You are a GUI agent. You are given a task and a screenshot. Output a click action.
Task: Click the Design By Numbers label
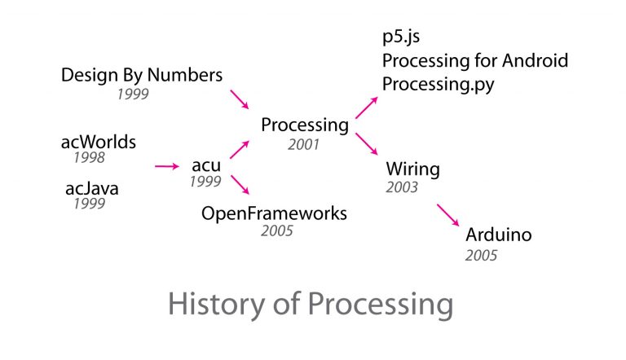tap(141, 76)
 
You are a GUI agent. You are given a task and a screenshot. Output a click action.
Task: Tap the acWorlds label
tap(99, 143)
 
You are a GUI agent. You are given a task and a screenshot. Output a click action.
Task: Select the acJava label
tap(92, 189)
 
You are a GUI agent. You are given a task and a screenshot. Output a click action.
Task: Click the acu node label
tap(207, 165)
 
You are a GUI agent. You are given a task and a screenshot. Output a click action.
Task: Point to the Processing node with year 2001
tap(305, 125)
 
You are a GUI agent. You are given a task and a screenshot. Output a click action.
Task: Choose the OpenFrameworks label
tap(274, 213)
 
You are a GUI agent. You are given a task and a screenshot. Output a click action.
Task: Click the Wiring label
tap(412, 169)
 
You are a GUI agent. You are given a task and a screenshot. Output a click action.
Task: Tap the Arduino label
tap(498, 235)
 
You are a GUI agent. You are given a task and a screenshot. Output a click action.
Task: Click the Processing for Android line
tap(475, 61)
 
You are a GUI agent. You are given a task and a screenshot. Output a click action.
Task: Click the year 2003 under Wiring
tap(402, 187)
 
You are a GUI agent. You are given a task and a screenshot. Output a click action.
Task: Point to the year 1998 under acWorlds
tap(89, 158)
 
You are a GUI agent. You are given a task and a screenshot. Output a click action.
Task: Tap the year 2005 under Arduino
tap(481, 256)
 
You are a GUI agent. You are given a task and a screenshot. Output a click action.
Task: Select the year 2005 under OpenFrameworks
tap(277, 231)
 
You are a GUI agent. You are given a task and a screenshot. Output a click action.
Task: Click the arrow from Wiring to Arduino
tap(448, 215)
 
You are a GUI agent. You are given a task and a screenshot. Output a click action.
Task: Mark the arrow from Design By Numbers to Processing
tap(240, 99)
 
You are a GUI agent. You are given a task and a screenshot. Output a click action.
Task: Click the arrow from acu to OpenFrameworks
tap(240, 186)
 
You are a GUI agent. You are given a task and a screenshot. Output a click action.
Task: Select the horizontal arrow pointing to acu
tap(166, 166)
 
